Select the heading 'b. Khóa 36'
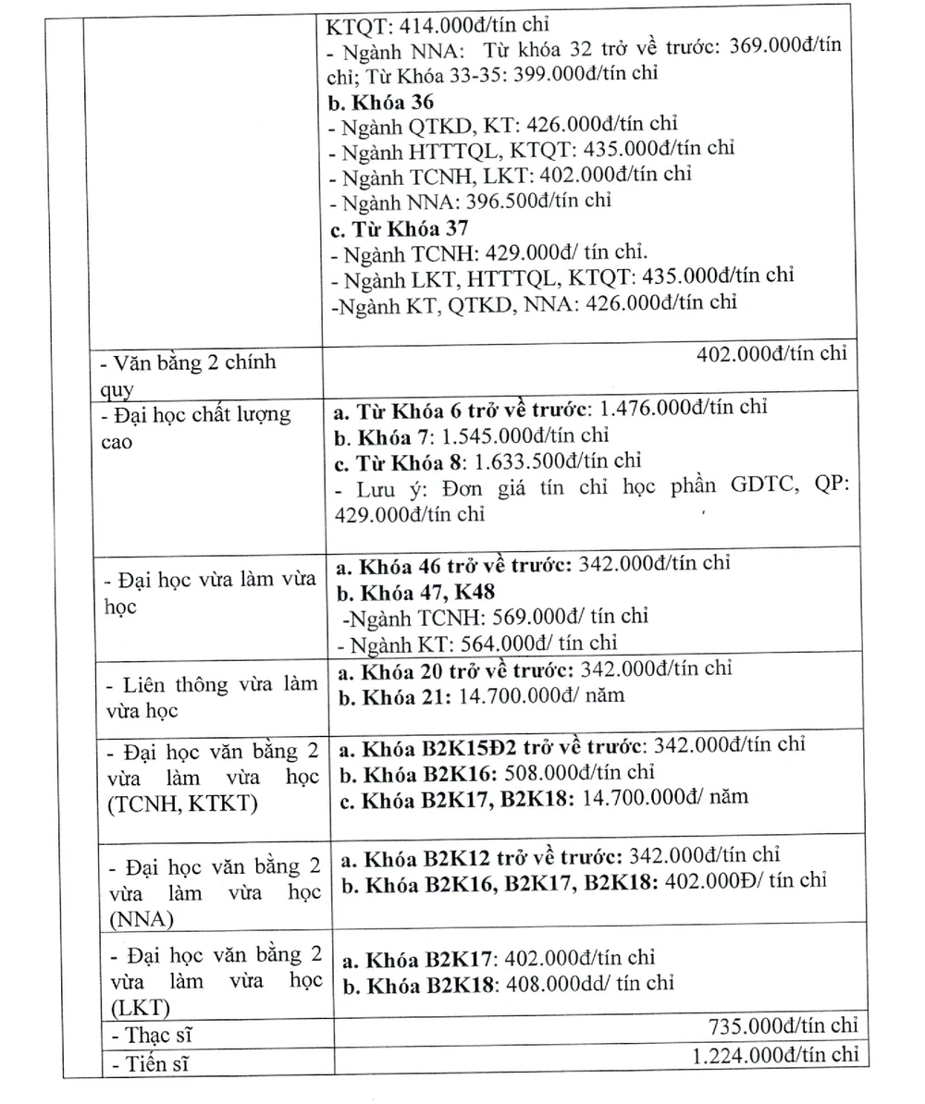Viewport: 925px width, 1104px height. point(381,102)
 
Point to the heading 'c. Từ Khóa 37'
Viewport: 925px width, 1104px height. point(399,227)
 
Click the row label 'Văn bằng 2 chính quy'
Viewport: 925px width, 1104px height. point(189,374)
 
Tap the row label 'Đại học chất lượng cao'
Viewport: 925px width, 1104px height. point(194,427)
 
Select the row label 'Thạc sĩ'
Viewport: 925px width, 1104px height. point(152,1035)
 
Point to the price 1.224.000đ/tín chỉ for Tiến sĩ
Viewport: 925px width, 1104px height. point(775,1055)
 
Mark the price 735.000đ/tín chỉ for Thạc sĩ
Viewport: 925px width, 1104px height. point(783,1026)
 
